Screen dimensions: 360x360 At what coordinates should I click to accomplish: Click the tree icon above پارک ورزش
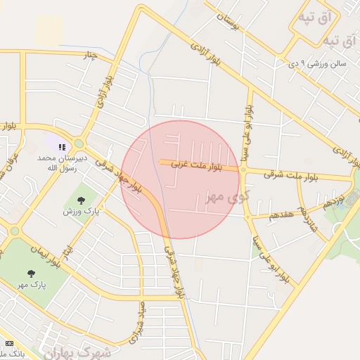[x=81, y=200]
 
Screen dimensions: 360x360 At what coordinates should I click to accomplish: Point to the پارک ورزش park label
[x=81, y=211]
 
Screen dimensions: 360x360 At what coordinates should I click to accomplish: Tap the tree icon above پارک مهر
[x=31, y=274]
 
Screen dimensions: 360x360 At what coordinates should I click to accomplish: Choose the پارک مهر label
[x=32, y=285]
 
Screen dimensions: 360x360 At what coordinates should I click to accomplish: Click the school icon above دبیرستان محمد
[x=62, y=148]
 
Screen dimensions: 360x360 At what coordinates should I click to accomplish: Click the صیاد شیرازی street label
[x=137, y=321]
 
